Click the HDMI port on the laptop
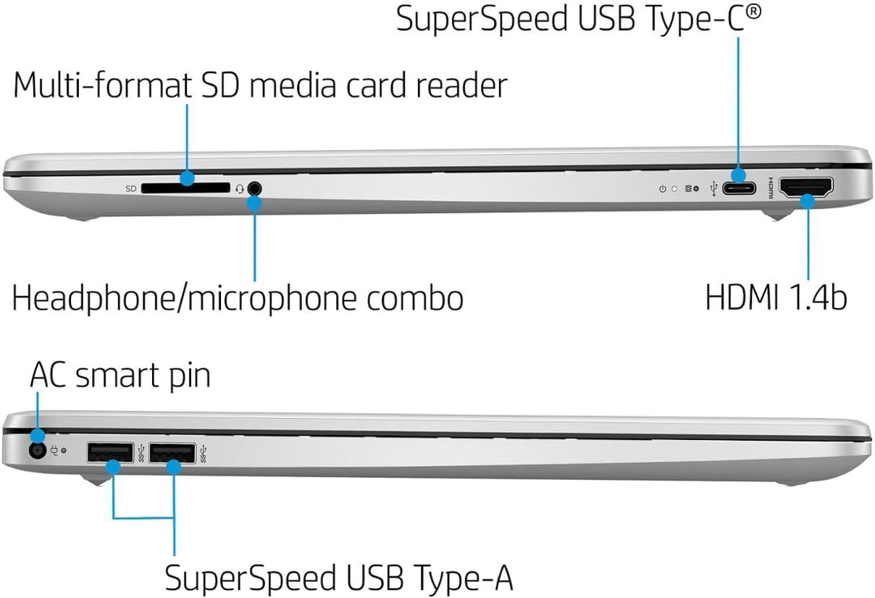[805, 188]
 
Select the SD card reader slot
[185, 188]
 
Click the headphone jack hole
[254, 188]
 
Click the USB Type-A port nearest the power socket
[109, 454]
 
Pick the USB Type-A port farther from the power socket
[172, 454]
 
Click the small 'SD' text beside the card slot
[131, 189]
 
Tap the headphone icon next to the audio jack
[240, 189]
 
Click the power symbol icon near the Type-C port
[662, 189]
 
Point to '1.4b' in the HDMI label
[819, 297]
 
